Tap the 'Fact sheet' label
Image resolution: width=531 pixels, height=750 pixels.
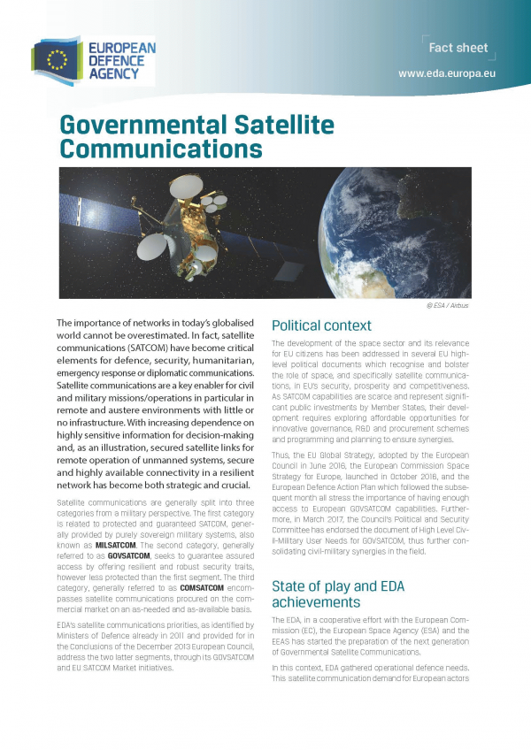(458, 47)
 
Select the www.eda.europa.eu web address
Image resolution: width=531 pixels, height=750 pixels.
(446, 74)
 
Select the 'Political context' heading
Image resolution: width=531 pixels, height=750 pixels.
(321, 325)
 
